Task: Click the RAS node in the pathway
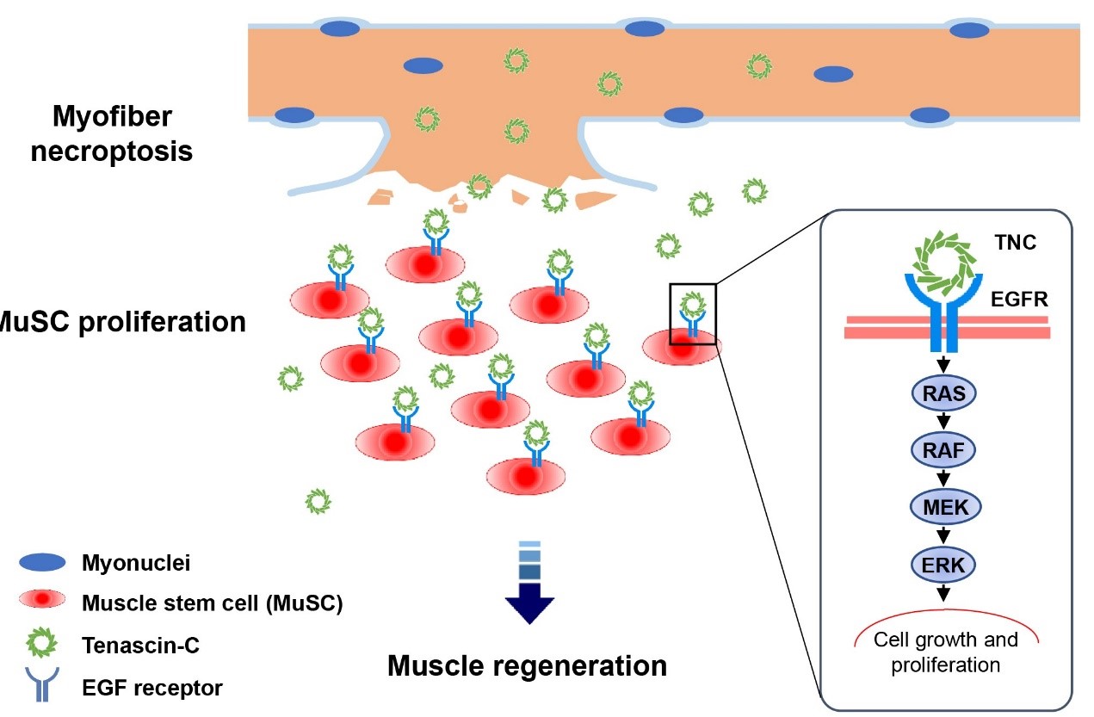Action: pos(945,394)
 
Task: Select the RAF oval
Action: pos(945,449)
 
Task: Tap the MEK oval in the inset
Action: pos(945,506)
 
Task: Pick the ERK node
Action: pos(945,564)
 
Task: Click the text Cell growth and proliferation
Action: pos(945,652)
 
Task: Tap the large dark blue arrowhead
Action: pos(529,602)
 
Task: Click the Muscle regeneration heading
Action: pos(527,665)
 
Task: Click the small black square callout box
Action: pos(693,313)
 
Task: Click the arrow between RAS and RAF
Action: pos(945,422)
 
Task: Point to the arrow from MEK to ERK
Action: pos(945,535)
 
